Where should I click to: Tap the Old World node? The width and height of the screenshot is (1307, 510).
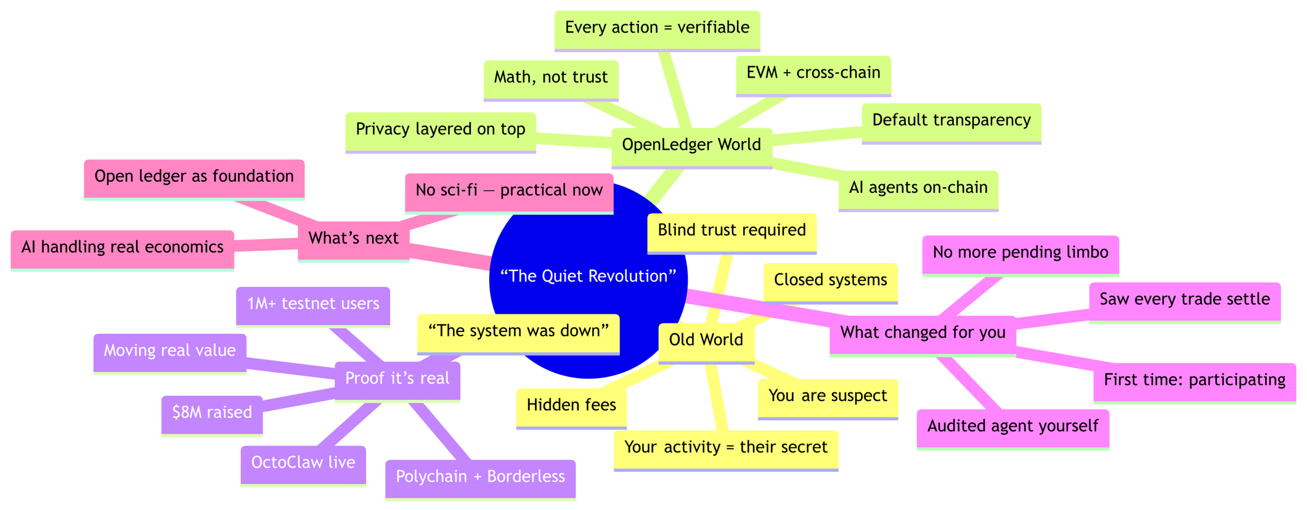706,340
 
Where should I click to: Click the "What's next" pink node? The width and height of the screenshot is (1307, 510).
354,238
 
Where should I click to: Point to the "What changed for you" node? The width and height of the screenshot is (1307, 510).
922,333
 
